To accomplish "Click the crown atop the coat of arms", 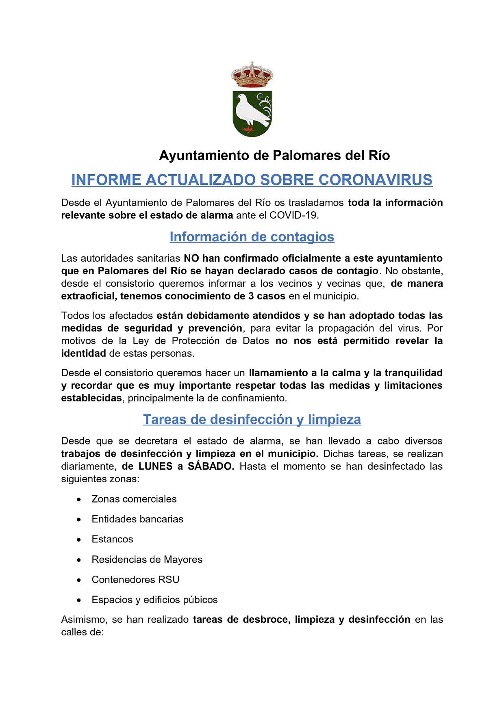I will click(x=252, y=75).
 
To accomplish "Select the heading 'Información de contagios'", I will click(x=252, y=236).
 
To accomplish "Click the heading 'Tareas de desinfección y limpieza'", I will click(x=252, y=419).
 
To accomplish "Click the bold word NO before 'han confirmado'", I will click(x=191, y=258).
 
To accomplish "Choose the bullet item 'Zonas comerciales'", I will click(x=134, y=499).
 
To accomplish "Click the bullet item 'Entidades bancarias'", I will click(x=137, y=519).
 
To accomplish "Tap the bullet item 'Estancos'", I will click(x=112, y=539).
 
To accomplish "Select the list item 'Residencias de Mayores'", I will click(x=147, y=559).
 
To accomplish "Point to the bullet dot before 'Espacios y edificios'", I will click(x=79, y=600).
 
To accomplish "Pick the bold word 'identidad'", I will click(x=83, y=353).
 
